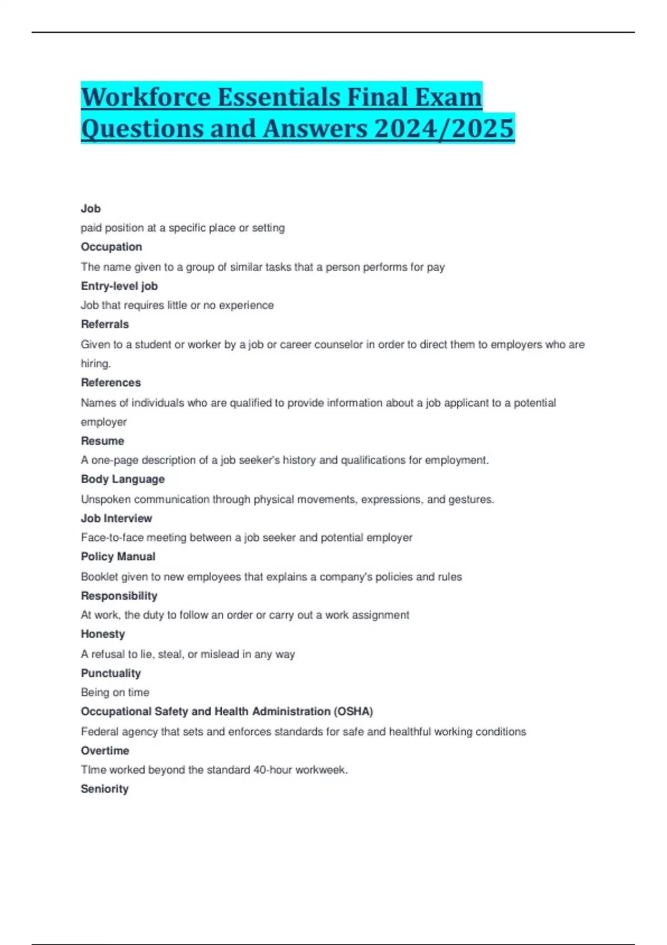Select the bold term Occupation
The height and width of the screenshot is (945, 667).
pos(111,247)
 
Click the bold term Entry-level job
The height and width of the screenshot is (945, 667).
pos(119,286)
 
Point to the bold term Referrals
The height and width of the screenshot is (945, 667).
pos(104,324)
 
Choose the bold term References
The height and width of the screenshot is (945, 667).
pos(111,382)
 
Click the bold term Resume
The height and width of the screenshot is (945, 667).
pos(102,441)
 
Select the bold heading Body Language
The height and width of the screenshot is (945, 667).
pos(122,479)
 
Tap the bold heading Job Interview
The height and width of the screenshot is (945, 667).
pos(116,518)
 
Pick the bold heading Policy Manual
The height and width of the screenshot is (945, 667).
pos(118,556)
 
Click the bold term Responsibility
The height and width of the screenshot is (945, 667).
pos(119,596)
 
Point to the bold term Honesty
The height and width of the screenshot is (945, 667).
pos(103,634)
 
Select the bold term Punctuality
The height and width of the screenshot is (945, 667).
pos(111,673)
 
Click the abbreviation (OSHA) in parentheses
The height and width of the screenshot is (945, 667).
pos(353,712)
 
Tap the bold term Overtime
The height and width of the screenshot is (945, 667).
pos(104,750)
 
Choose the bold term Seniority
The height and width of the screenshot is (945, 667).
pos(104,789)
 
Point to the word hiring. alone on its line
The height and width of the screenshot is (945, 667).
pos(96,364)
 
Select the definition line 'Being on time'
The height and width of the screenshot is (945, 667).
pos(115,693)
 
